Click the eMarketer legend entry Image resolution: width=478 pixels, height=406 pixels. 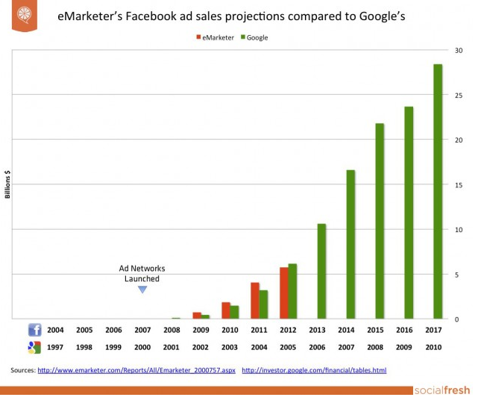click(x=216, y=37)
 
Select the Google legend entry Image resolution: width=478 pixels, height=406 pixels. click(x=254, y=37)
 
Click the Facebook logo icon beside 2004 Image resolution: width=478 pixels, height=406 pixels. click(x=34, y=329)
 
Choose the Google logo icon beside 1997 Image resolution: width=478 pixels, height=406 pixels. click(x=34, y=346)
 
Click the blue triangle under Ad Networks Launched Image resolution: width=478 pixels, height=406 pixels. click(x=142, y=289)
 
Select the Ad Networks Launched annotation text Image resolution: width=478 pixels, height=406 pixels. click(x=142, y=273)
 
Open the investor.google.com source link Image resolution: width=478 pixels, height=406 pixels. click(x=314, y=370)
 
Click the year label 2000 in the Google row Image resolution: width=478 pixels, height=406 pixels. click(x=142, y=347)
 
